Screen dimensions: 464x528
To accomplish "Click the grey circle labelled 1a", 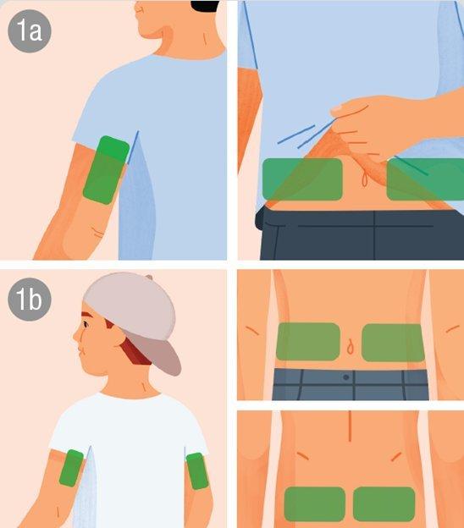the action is click(x=30, y=30).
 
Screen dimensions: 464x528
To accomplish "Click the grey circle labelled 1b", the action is click(x=30, y=300).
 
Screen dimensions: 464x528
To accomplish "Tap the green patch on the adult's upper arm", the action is click(x=106, y=170).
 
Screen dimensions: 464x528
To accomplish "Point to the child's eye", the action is click(x=86, y=325).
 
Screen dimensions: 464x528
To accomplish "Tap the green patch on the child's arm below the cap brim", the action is click(x=197, y=471).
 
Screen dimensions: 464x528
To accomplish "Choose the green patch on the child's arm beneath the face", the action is click(x=71, y=468).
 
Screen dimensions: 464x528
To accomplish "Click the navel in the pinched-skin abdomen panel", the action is click(x=364, y=179).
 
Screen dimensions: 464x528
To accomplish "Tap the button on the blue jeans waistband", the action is click(x=345, y=377).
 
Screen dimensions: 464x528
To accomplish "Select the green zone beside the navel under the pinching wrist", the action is click(x=425, y=179).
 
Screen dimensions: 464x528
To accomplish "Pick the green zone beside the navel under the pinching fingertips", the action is click(x=302, y=179).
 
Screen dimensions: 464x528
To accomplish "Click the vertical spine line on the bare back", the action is click(x=350, y=426).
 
